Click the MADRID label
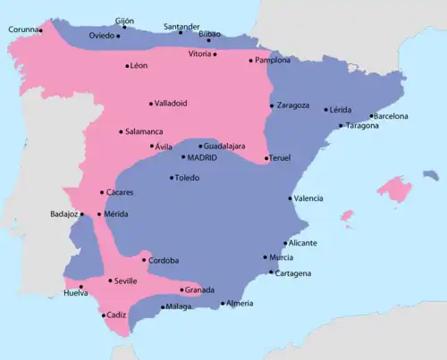(x=202, y=157)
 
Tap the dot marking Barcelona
(x=371, y=115)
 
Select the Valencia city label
(x=308, y=198)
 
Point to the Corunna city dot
(x=41, y=30)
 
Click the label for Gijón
(x=124, y=19)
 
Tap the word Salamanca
(x=144, y=131)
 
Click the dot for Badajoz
(x=82, y=214)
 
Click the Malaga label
(x=179, y=306)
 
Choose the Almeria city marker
(x=223, y=304)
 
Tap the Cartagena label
(x=293, y=272)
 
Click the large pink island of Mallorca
(x=392, y=188)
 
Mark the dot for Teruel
(x=266, y=158)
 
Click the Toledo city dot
(x=172, y=178)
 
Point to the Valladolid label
(x=170, y=103)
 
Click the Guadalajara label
(x=224, y=146)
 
